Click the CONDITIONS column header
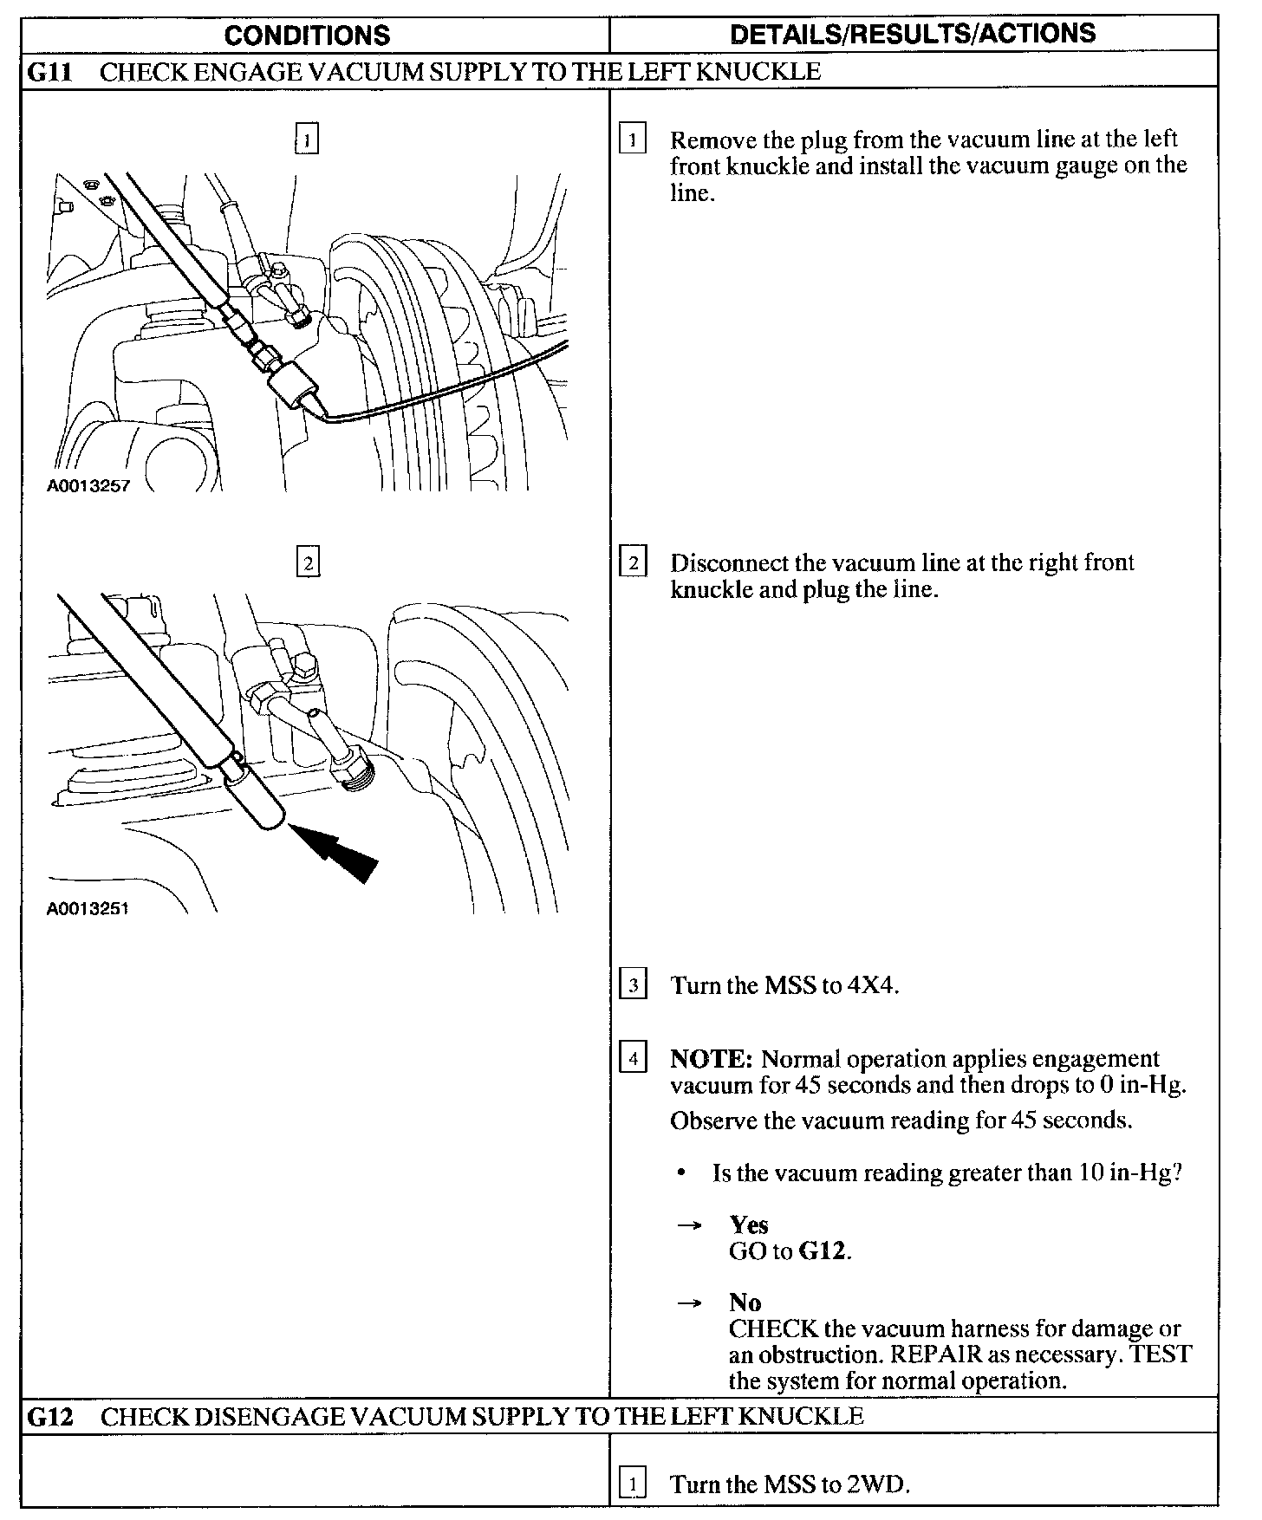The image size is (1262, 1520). (307, 35)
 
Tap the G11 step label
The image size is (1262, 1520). (49, 71)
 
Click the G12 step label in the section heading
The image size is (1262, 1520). (50, 1417)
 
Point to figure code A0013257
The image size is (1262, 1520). (88, 486)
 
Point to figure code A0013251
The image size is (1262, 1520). (88, 909)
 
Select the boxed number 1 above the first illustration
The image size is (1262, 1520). (307, 139)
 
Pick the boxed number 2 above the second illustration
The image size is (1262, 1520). (308, 563)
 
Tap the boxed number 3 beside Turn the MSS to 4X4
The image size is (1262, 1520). (633, 985)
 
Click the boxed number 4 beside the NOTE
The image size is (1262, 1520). (633, 1059)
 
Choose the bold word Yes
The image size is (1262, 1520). (749, 1224)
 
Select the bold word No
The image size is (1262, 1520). (745, 1302)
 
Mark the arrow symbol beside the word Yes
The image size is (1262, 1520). (688, 1225)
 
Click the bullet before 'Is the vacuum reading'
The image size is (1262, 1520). (683, 1173)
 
